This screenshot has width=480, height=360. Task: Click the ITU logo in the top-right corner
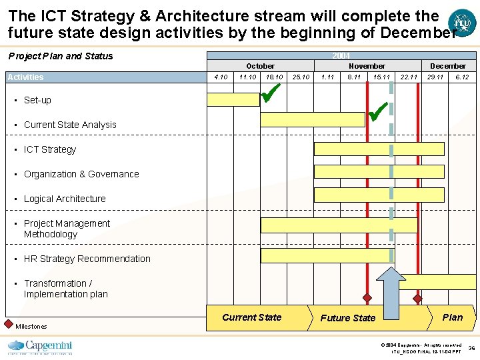[x=462, y=21]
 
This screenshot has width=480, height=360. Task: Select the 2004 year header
[x=341, y=55]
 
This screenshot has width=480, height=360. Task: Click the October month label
[x=260, y=66]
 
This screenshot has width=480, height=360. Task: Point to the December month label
[x=448, y=66]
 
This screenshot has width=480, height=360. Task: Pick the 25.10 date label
[x=301, y=77]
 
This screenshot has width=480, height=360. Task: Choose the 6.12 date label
[x=461, y=77]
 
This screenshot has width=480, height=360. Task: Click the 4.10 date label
[x=220, y=77]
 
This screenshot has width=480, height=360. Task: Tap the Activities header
[x=25, y=77]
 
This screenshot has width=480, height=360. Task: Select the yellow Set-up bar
[x=233, y=100]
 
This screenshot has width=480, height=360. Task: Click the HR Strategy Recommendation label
[x=87, y=259]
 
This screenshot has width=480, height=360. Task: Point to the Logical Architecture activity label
[x=65, y=199]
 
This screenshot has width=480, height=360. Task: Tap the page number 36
[x=471, y=348]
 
